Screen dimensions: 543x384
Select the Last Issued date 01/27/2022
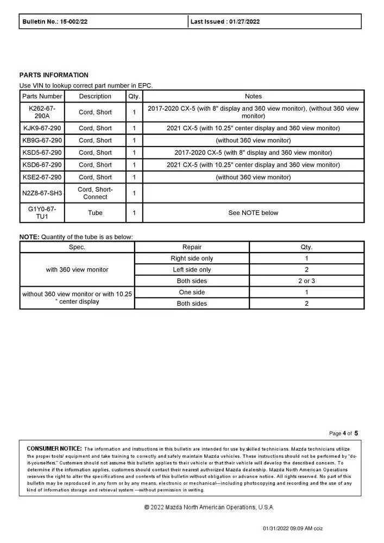pyautogui.click(x=244, y=22)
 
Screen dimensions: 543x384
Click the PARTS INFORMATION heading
pyautogui.click(x=54, y=75)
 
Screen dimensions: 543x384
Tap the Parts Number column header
pyautogui.click(x=42, y=96)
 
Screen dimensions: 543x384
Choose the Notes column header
pyautogui.click(x=253, y=96)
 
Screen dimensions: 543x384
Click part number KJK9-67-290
pyautogui.click(x=42, y=128)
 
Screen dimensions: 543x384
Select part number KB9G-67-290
pyautogui.click(x=42, y=141)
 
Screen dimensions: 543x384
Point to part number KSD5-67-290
pyautogui.click(x=42, y=153)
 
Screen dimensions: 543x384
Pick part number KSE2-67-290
pyautogui.click(x=42, y=177)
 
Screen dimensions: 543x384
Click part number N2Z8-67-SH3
pyautogui.click(x=42, y=193)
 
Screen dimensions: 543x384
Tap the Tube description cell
pyautogui.click(x=95, y=213)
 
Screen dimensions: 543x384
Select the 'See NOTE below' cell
pyautogui.click(x=253, y=213)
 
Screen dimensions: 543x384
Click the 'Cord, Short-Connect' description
pyautogui.click(x=95, y=193)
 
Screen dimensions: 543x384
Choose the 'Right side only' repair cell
pyautogui.click(x=192, y=258)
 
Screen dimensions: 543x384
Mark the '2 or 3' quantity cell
pyautogui.click(x=306, y=281)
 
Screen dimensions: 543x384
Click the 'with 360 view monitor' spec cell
pyautogui.click(x=77, y=270)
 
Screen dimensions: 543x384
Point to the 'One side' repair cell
pyautogui.click(x=192, y=292)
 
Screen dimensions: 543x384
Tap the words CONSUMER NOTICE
pyautogui.click(x=54, y=449)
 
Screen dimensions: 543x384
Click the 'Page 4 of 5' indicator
pyautogui.click(x=344, y=433)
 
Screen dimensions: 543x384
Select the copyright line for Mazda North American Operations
pyautogui.click(x=209, y=507)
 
